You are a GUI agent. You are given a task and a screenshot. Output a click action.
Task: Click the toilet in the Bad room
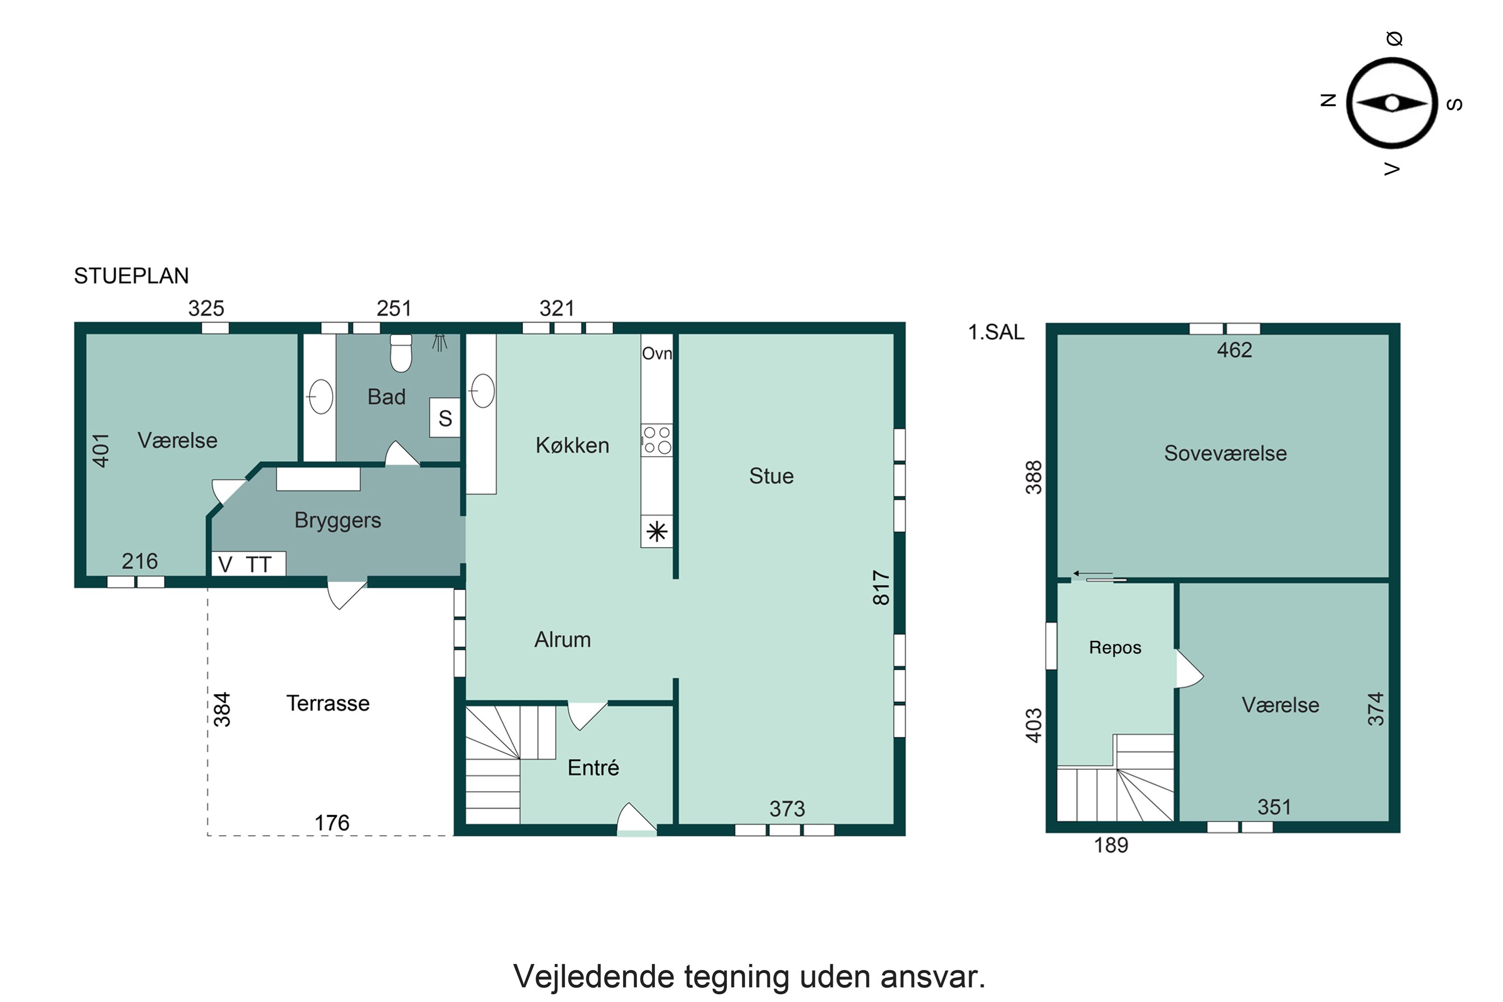point(401,353)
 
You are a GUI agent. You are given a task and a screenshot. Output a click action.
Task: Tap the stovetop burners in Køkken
point(657,440)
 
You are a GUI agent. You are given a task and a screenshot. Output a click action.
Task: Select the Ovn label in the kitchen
point(657,353)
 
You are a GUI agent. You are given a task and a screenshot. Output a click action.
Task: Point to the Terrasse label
point(328,703)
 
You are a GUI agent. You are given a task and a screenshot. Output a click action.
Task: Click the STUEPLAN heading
point(131,276)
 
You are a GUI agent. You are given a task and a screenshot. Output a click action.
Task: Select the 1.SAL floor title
point(996,332)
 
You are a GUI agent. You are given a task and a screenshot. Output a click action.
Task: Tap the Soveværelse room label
point(1225,453)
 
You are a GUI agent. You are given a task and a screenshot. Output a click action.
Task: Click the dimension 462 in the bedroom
point(1234,350)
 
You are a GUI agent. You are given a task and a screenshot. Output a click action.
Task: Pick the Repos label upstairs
point(1115,647)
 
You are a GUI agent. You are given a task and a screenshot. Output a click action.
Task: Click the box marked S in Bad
point(445,418)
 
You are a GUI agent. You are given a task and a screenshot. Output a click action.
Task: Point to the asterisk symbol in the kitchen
point(657,532)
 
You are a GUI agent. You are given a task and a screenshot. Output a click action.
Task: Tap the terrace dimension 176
point(332,823)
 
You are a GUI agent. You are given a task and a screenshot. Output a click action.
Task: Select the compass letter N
point(1328,100)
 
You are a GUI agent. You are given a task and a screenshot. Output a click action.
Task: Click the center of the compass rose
point(1392,103)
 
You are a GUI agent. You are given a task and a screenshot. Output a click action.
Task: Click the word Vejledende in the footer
point(594,976)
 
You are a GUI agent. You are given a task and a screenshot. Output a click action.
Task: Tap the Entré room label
point(593,767)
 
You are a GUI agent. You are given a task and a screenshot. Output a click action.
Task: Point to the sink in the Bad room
point(321,397)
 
